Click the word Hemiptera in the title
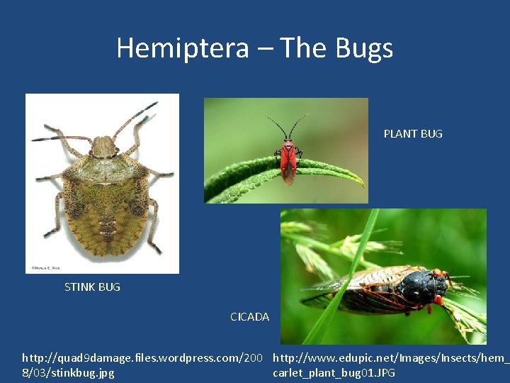[183, 48]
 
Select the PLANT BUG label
[413, 133]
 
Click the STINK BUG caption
[92, 287]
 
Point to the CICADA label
[249, 316]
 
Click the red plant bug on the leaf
[287, 159]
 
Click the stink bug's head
[104, 147]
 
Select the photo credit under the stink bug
[43, 268]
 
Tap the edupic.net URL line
[390, 357]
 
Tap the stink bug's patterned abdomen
[106, 213]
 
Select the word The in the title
[303, 48]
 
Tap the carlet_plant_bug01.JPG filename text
[334, 372]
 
